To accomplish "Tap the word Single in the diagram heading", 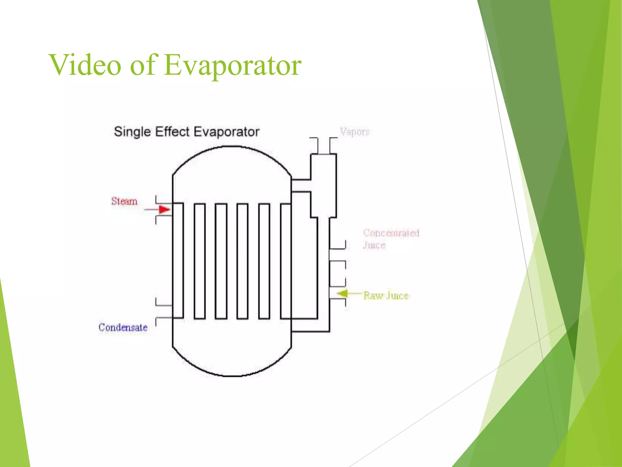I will click(x=132, y=132).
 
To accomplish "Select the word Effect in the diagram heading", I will click(x=173, y=132).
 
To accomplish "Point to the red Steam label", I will click(x=124, y=201).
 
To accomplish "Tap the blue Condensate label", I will click(x=123, y=327).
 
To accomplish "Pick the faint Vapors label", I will click(x=355, y=132).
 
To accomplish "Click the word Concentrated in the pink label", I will click(x=391, y=233).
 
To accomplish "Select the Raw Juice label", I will click(x=386, y=296).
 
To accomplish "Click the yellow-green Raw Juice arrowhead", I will click(x=343, y=294).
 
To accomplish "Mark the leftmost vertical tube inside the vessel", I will click(x=178, y=261).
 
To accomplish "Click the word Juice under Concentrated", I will click(x=374, y=245).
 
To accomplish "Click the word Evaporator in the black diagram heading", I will click(x=227, y=132).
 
